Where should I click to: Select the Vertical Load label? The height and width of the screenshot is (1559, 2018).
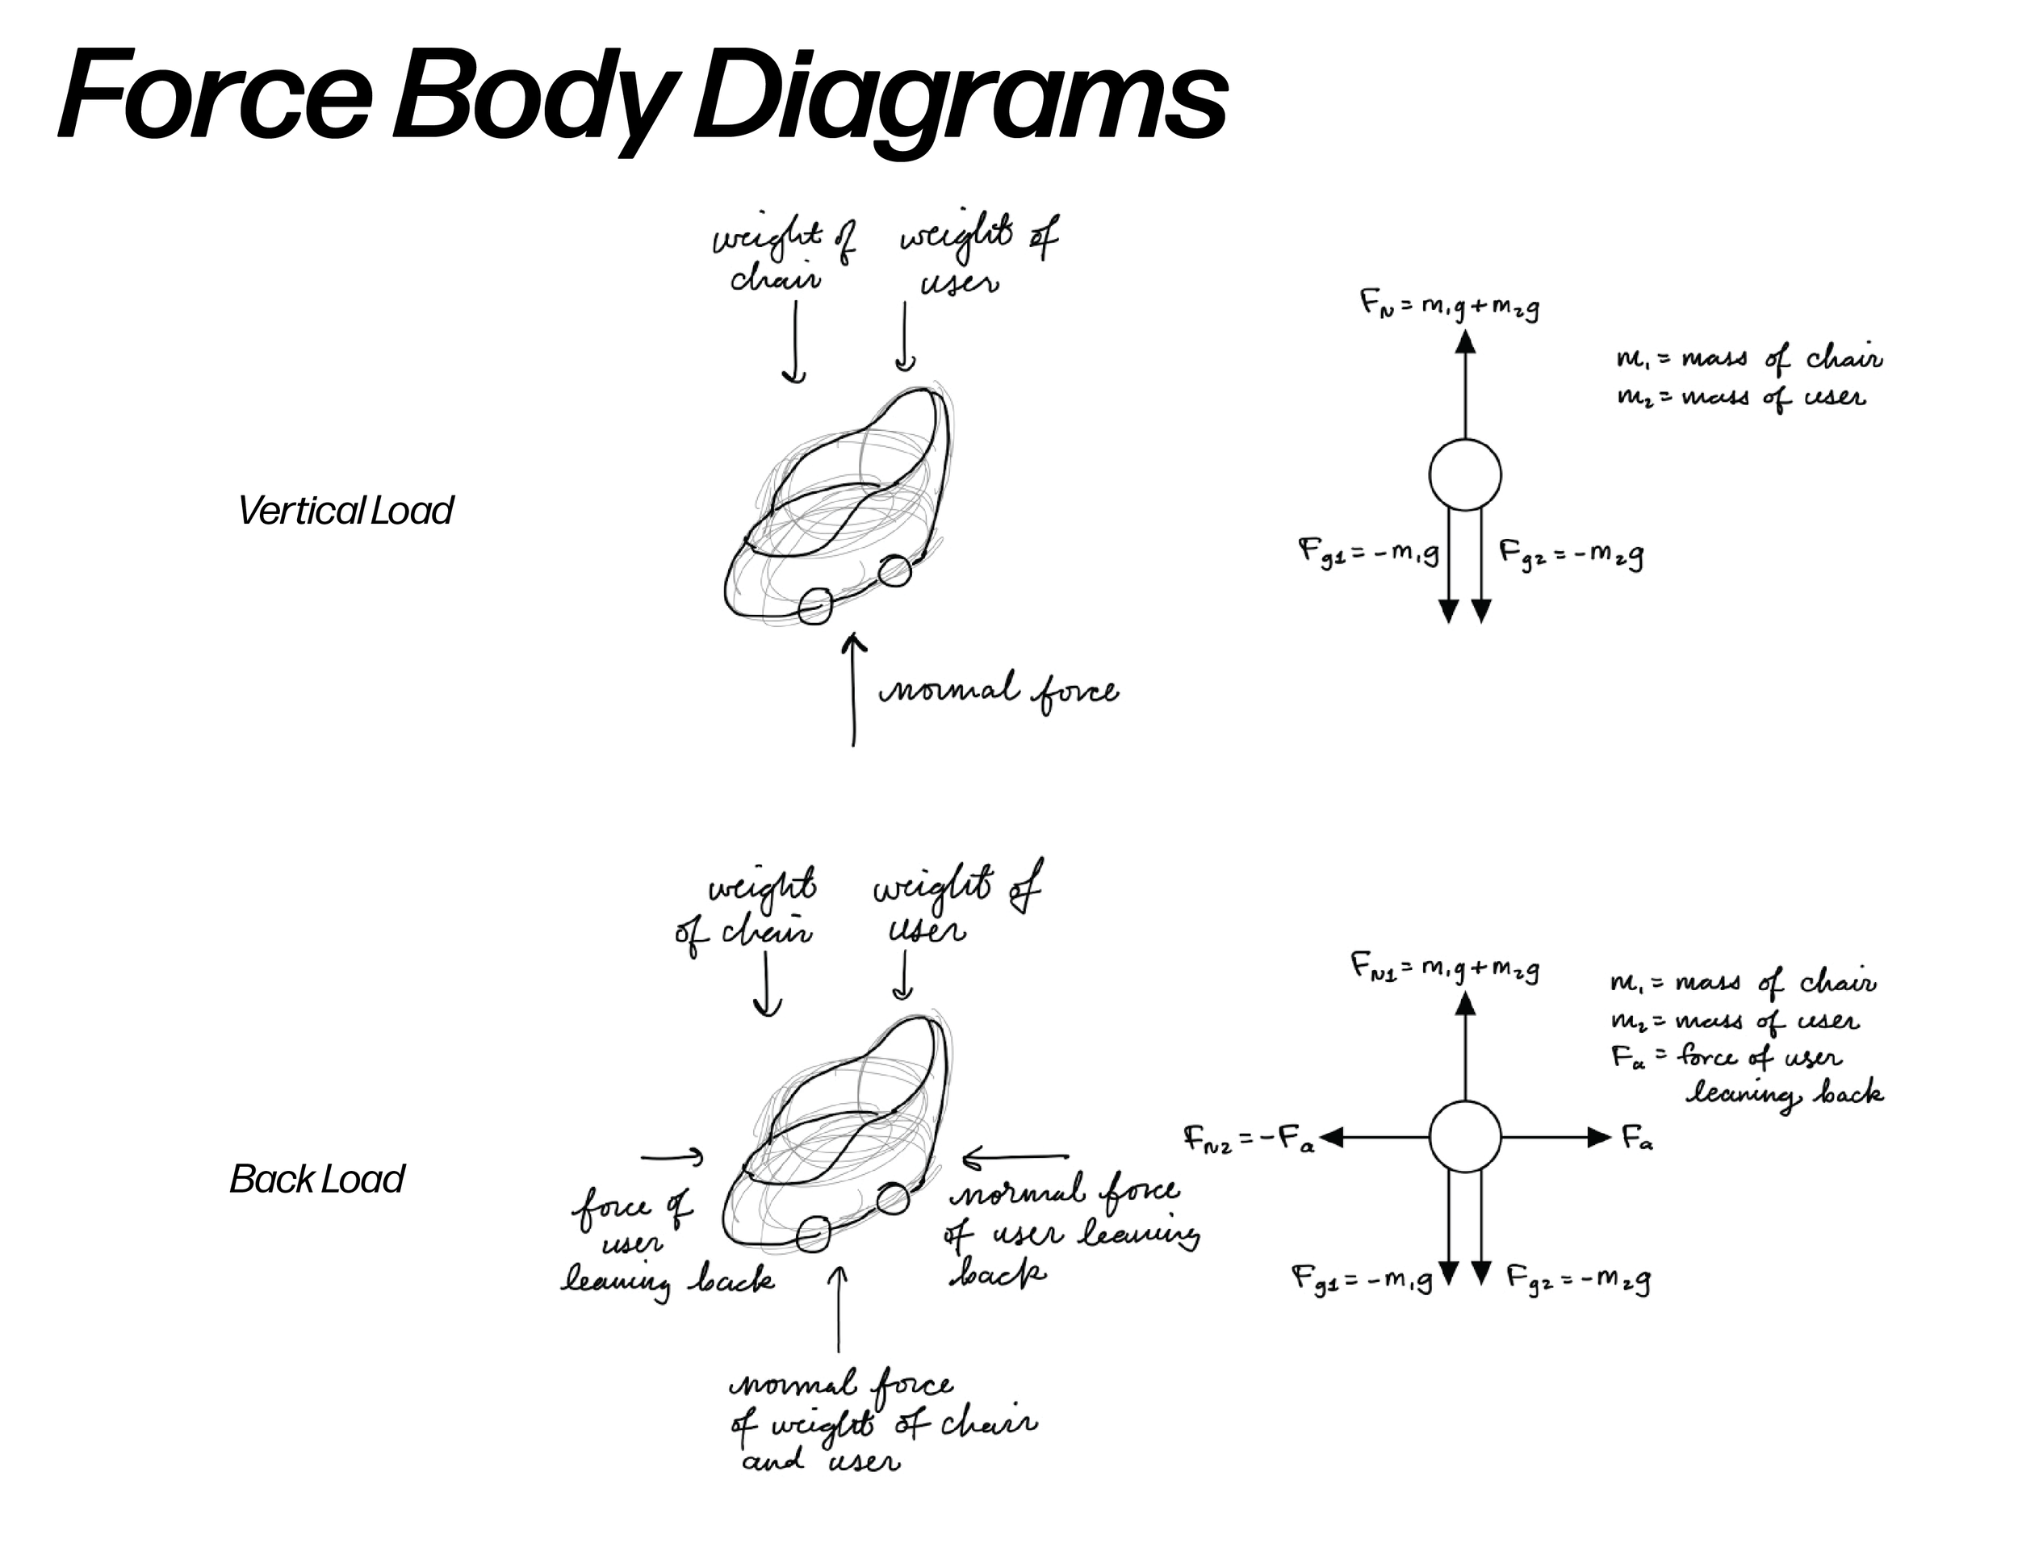click(345, 511)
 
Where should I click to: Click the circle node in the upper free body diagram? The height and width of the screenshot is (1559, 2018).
click(1464, 474)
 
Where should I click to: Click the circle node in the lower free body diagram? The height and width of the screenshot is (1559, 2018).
click(1464, 1137)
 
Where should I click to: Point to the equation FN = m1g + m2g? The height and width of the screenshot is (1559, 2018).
click(1449, 306)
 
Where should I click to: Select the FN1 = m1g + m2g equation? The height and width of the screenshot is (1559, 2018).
click(1444, 969)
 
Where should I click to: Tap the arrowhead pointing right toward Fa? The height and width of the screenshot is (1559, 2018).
click(1598, 1137)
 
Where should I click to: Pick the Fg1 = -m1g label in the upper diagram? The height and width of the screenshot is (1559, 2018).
click(1368, 554)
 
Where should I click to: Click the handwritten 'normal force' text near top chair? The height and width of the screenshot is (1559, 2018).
click(998, 692)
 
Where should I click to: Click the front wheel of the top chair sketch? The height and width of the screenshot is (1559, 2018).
click(814, 607)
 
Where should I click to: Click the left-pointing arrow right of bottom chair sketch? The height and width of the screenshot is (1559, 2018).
click(1015, 1156)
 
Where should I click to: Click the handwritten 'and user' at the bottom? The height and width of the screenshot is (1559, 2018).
click(820, 1462)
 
